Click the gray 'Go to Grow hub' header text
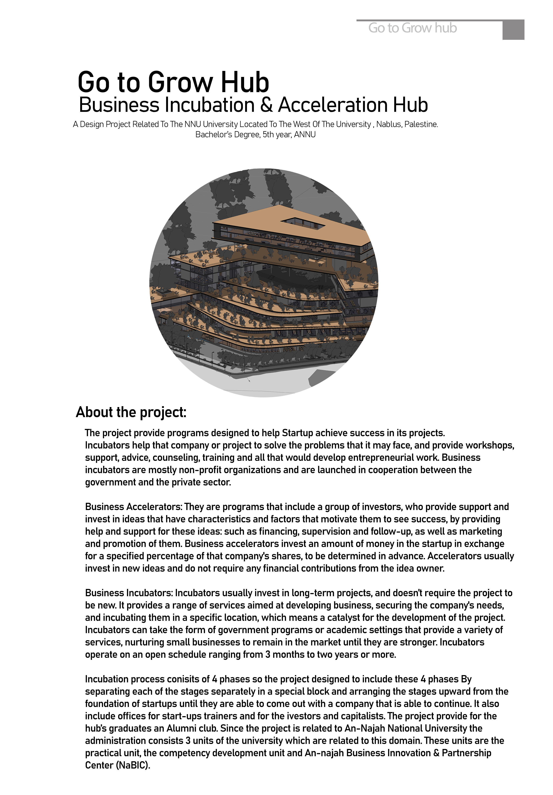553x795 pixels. click(412, 28)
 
